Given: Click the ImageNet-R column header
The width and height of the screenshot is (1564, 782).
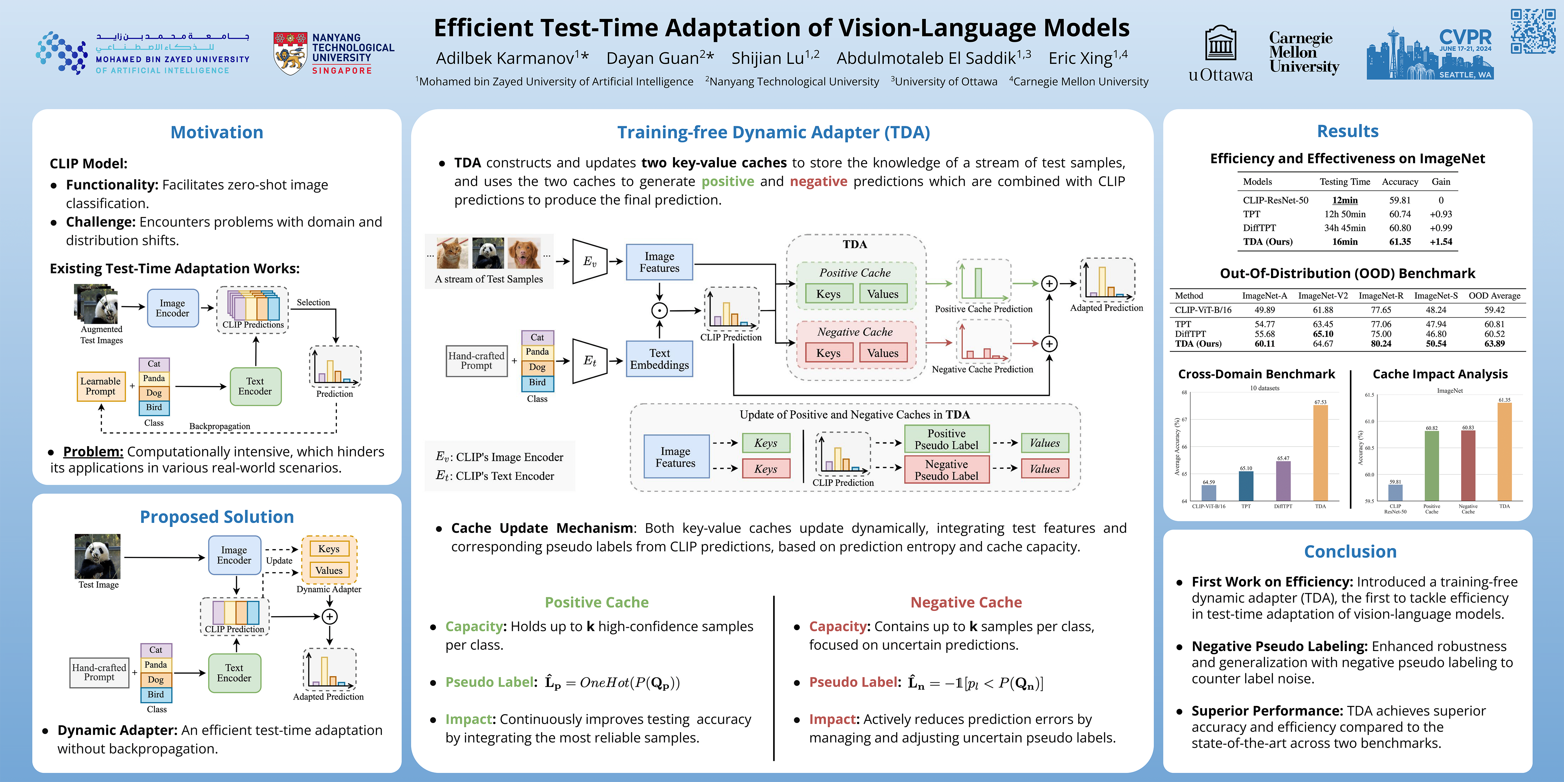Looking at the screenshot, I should tap(1381, 296).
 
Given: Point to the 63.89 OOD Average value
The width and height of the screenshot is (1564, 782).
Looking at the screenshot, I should tap(1494, 344).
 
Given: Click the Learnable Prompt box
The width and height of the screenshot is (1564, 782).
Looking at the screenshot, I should tap(101, 386).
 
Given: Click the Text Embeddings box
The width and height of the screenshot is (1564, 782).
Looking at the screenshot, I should tap(660, 359).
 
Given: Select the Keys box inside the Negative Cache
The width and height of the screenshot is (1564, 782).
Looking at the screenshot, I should tap(828, 353).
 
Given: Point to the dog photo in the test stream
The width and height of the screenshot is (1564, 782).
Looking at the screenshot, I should tap(524, 253).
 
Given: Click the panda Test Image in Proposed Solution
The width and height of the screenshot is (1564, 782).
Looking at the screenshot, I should tap(98, 556).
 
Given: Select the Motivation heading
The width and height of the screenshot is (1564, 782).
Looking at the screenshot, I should tap(217, 132).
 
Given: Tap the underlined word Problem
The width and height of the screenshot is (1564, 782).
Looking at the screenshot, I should tap(93, 452).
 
